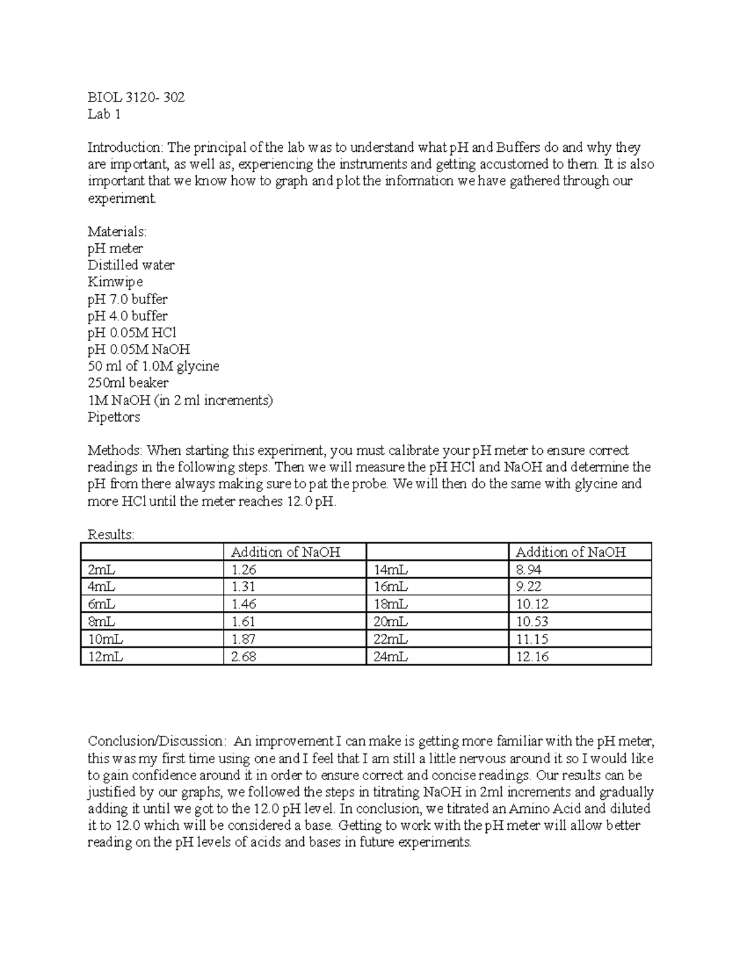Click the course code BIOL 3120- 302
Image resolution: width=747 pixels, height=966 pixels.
pyautogui.click(x=136, y=97)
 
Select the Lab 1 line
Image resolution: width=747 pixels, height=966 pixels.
pyautogui.click(x=104, y=114)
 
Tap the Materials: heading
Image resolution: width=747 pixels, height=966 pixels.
pyautogui.click(x=117, y=231)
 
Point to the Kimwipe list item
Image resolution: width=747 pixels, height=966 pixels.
pyautogui.click(x=115, y=282)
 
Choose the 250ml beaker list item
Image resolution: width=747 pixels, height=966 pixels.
pyautogui.click(x=128, y=383)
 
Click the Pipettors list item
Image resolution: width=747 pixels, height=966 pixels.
pyautogui.click(x=114, y=417)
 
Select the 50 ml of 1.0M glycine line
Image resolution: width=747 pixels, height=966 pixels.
pyautogui.click(x=153, y=366)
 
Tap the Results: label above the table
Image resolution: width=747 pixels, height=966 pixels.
pyautogui.click(x=111, y=534)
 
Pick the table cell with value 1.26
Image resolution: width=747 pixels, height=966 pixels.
pyautogui.click(x=243, y=569)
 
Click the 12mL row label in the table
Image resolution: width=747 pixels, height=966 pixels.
pyautogui.click(x=105, y=656)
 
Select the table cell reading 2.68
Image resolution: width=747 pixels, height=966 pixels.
pyautogui.click(x=243, y=656)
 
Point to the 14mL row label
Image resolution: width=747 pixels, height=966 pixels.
pyautogui.click(x=390, y=569)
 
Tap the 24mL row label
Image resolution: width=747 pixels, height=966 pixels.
pyautogui.click(x=390, y=656)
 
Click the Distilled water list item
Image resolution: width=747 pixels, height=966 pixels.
pyautogui.click(x=131, y=265)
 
